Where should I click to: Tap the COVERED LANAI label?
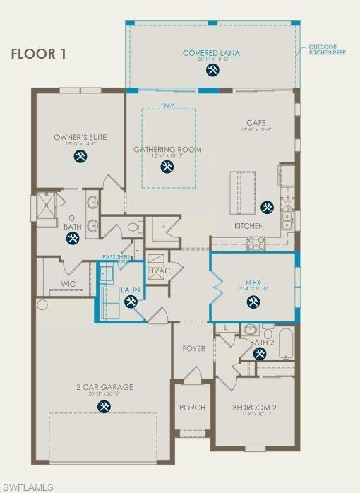coord(212,53)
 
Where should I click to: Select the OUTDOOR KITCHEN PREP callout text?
coord(327,49)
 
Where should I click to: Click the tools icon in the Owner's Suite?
coord(80,155)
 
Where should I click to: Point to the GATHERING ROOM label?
coord(167,149)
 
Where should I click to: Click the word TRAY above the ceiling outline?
coord(167,106)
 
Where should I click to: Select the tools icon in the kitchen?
coord(266,207)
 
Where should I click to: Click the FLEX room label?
coord(253,282)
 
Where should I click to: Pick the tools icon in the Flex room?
coord(253,302)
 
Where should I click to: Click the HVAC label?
coord(158,271)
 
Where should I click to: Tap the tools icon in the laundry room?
coord(131,302)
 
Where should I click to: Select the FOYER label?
coord(193,348)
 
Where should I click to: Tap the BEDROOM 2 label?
coord(254,408)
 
